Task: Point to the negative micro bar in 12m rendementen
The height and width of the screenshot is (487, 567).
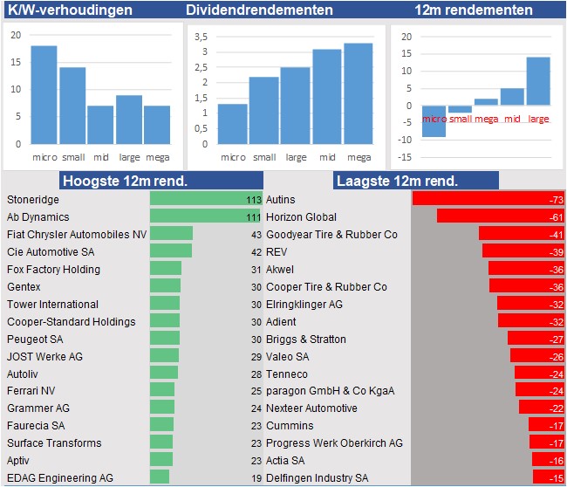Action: [x=434, y=121]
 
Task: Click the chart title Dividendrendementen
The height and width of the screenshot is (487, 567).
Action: [x=259, y=10]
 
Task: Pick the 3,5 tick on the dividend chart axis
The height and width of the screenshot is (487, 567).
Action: [x=202, y=38]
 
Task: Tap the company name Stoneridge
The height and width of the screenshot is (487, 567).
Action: [x=33, y=200]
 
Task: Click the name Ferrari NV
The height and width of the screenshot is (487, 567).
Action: [x=31, y=391]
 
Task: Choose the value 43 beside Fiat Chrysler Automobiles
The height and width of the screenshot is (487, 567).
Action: [x=256, y=235]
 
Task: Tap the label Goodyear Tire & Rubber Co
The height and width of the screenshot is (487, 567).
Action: [x=331, y=235]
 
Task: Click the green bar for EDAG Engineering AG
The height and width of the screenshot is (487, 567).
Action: [x=160, y=477]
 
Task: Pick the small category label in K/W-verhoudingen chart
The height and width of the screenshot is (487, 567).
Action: [x=73, y=157]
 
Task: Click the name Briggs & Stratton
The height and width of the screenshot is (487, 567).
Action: [x=305, y=339]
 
